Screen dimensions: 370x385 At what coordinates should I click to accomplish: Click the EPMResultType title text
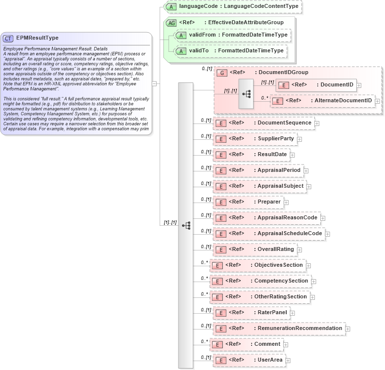[x=38, y=38]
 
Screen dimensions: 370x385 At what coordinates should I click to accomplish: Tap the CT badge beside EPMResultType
[x=8, y=38]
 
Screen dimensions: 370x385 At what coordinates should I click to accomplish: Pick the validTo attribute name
[x=201, y=50]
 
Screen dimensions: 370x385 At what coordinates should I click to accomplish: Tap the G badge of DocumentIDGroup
[x=222, y=73]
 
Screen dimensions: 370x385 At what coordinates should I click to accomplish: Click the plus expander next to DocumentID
[x=359, y=85]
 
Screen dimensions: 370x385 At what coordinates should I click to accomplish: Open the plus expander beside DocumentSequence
[x=317, y=123]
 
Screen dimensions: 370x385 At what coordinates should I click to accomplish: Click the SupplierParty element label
[x=276, y=138]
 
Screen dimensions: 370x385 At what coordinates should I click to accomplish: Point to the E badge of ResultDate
[x=222, y=155]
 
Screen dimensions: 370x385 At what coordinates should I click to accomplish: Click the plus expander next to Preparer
[x=286, y=202]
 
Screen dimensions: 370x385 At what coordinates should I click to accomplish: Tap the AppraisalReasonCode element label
[x=288, y=217]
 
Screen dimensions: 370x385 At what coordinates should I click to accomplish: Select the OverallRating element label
[x=276, y=249]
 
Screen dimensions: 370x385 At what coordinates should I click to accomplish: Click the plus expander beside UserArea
[x=288, y=360]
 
